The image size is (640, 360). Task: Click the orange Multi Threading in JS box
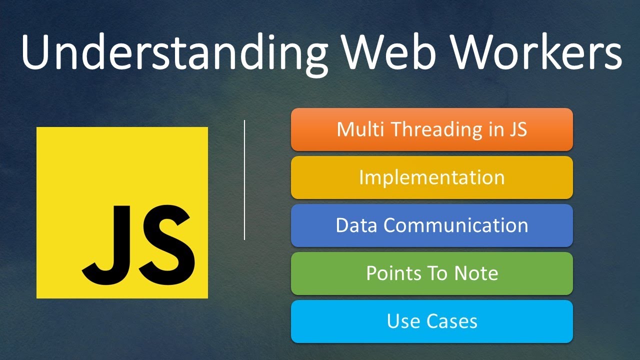pos(431,129)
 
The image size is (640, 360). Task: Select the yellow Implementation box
pos(431,177)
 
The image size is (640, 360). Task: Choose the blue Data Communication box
pos(431,225)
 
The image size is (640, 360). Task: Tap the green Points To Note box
pos(431,273)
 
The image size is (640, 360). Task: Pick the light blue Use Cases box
pos(431,321)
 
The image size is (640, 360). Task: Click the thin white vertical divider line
pos(244,180)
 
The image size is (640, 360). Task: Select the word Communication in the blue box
pos(455,225)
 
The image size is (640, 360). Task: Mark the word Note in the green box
pos(476,273)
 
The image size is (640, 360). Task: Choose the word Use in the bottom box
pos(403,321)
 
